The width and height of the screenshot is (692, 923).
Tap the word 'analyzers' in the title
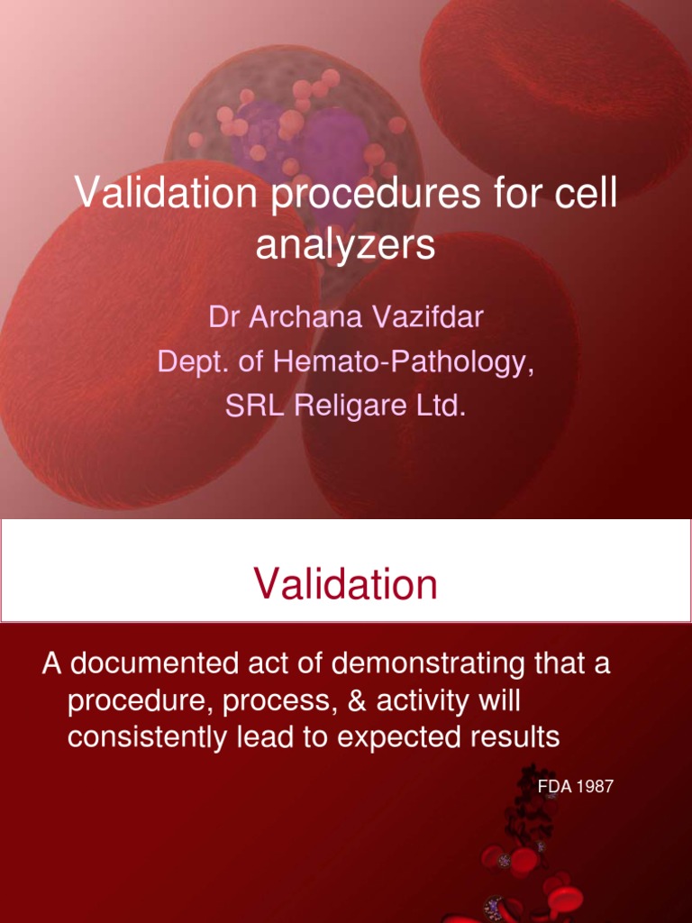(345, 245)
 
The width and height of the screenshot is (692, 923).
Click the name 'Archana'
(295, 317)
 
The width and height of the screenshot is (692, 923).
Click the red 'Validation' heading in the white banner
(346, 585)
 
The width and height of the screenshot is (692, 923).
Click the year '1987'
(596, 787)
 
